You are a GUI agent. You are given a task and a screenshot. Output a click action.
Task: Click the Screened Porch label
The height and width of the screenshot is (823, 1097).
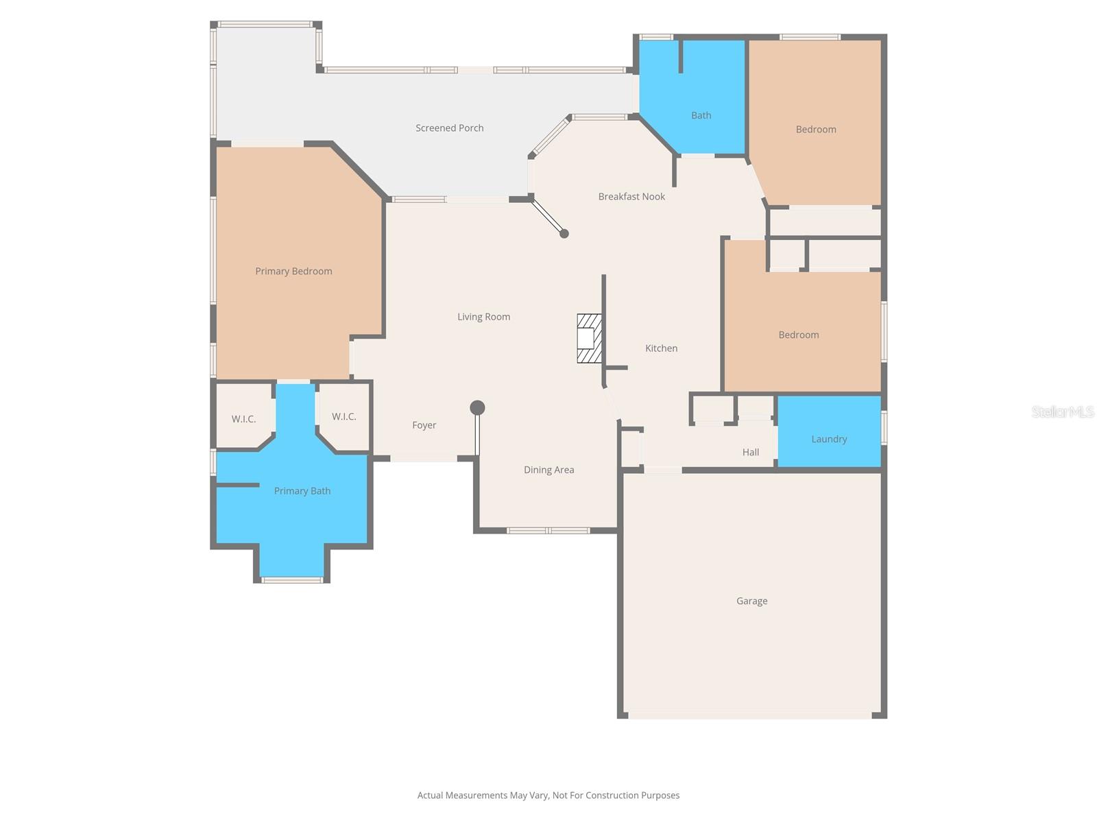[449, 128]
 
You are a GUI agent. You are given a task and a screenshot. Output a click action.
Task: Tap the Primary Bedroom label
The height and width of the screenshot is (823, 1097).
[293, 272]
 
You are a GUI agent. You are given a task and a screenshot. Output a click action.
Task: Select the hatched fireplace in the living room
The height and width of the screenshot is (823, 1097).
[589, 338]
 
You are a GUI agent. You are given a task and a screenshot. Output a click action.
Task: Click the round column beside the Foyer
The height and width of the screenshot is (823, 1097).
[477, 408]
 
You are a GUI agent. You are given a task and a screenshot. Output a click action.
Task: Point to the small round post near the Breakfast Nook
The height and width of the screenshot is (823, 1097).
[564, 234]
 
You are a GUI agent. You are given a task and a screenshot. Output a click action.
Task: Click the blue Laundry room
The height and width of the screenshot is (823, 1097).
[829, 432]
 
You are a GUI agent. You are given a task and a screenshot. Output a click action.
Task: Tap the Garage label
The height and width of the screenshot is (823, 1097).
[751, 601]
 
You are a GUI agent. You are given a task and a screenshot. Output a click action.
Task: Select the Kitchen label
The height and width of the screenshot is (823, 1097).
[661, 348]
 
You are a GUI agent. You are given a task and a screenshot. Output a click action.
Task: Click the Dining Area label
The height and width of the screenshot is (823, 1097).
[548, 470]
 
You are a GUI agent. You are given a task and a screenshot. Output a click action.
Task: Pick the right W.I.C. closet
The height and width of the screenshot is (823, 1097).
[343, 417]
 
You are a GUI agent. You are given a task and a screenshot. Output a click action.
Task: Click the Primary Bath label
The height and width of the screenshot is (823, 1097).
[302, 491]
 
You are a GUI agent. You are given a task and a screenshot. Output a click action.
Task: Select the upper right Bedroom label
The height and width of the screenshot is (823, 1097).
[816, 130]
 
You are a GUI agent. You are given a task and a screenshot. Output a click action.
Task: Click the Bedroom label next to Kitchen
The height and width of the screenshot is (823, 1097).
[798, 335]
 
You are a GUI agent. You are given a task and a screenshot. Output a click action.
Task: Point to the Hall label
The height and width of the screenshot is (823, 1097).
[750, 453]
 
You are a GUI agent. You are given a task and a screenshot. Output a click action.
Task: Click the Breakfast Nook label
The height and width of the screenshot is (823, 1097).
[631, 197]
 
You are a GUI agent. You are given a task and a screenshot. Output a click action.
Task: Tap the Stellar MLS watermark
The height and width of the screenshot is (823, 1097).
[1062, 411]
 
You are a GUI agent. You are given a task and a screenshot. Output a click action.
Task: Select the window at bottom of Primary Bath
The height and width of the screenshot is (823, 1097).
[292, 580]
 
